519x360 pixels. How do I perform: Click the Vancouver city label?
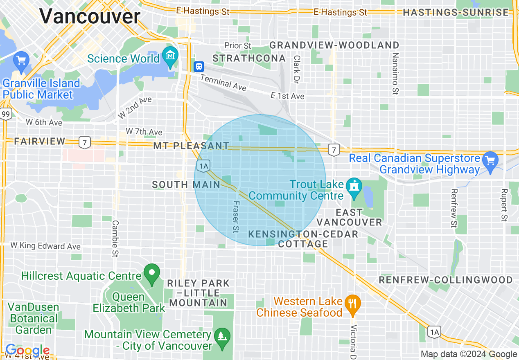click(90, 17)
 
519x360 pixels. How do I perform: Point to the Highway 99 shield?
click(6, 114)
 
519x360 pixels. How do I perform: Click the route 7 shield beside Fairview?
click(85, 142)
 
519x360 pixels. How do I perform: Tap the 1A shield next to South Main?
click(203, 165)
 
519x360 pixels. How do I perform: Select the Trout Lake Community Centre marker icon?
click(352, 186)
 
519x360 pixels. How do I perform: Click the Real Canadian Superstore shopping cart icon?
click(490, 160)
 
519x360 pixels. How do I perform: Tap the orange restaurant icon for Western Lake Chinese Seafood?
click(352, 303)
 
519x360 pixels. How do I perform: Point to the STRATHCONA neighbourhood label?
click(249, 59)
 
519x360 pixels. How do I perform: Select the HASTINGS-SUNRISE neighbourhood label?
click(456, 13)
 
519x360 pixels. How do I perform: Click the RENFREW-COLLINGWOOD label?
click(445, 280)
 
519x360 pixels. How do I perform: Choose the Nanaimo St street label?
click(395, 73)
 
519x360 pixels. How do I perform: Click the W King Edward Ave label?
click(45, 246)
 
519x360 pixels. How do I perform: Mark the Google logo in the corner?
click(27, 351)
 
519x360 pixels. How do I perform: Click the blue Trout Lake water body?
click(367, 196)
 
